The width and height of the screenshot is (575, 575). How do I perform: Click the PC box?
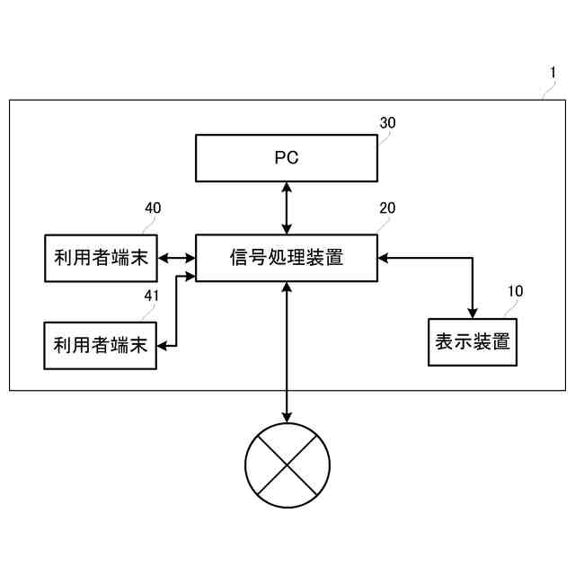(x=287, y=158)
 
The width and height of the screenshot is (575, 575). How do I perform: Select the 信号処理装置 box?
(x=287, y=258)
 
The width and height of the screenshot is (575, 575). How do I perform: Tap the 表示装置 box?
(x=473, y=342)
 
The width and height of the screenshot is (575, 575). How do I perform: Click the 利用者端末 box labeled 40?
(x=100, y=259)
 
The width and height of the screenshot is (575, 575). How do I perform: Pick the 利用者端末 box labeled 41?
(x=100, y=345)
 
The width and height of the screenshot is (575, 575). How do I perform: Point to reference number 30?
(x=387, y=123)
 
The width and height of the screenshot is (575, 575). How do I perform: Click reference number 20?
(x=387, y=208)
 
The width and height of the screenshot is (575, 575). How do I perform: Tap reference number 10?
(x=515, y=291)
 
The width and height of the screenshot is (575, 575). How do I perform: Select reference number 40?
(x=153, y=208)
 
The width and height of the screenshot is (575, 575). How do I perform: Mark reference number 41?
(x=153, y=293)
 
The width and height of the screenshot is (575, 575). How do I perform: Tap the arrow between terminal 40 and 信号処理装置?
(x=176, y=259)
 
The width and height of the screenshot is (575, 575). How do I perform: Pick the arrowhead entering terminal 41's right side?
(x=162, y=344)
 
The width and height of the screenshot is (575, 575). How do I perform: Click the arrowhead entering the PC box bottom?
(x=287, y=187)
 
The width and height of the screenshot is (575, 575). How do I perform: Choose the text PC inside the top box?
(x=287, y=158)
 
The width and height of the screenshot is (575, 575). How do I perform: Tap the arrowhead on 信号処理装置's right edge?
(x=384, y=259)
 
